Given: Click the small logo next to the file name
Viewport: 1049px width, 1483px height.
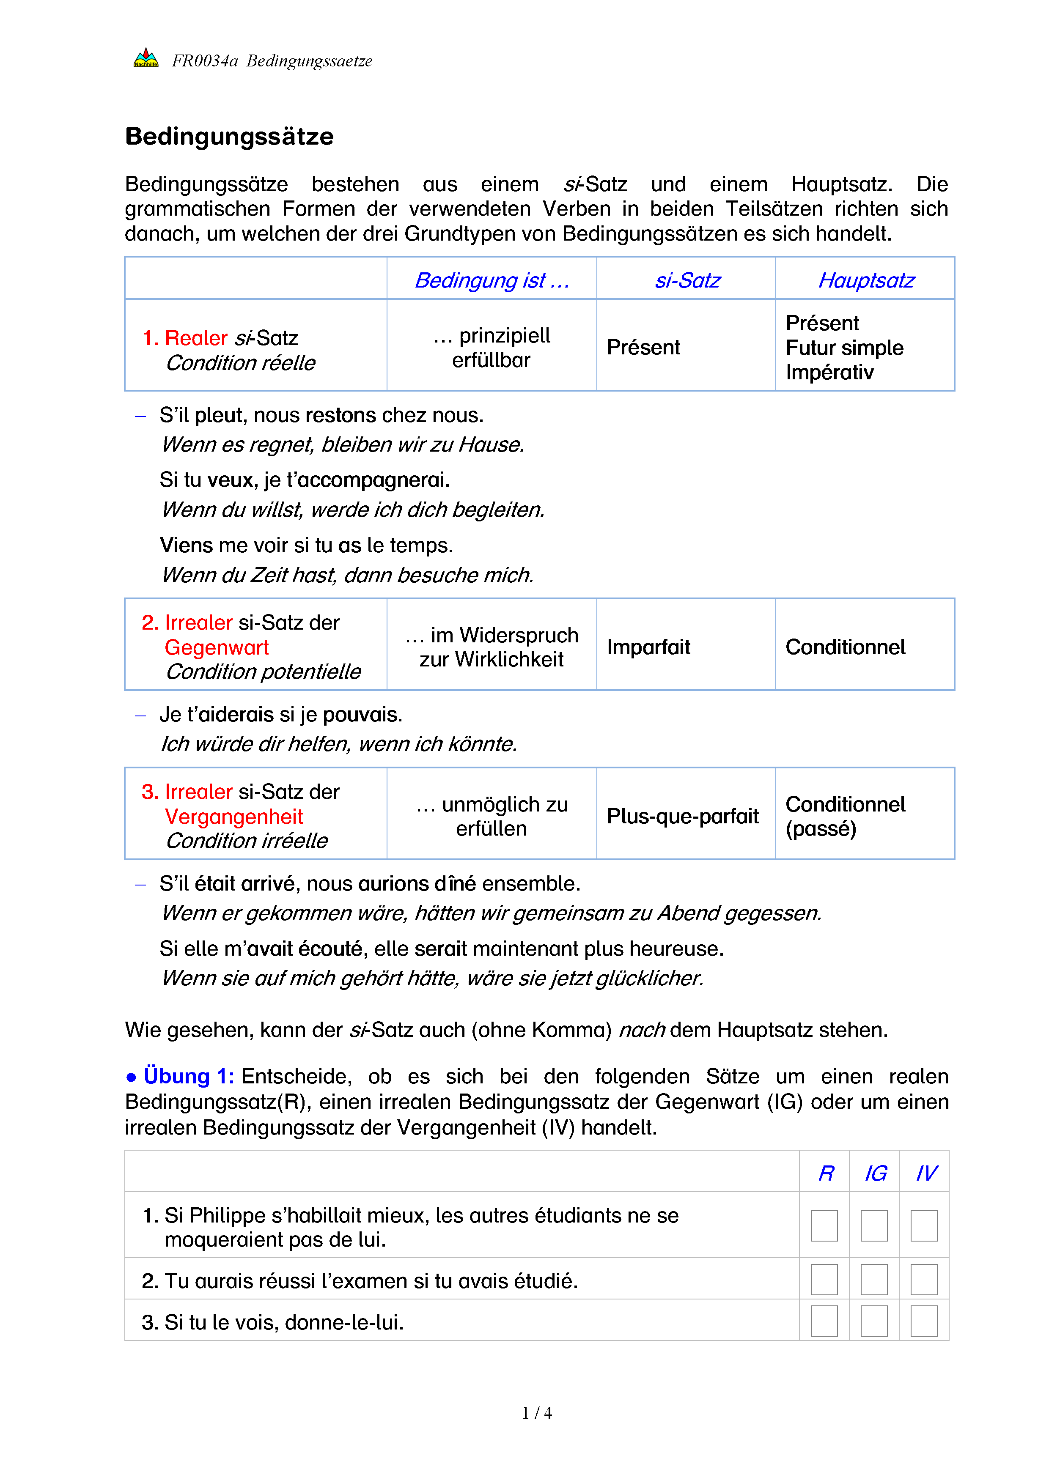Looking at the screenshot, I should (146, 59).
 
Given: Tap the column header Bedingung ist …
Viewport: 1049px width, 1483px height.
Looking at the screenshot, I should (492, 280).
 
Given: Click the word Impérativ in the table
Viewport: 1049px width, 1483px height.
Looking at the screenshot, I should (829, 373).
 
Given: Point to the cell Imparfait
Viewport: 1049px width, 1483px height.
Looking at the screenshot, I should (648, 647).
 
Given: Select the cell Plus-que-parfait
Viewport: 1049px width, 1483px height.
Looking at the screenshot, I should (683, 817).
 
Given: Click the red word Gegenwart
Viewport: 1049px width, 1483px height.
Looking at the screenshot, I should (217, 647).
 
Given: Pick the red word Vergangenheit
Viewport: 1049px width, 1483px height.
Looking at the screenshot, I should (234, 817).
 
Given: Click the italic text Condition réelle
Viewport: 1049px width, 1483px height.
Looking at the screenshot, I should (240, 363).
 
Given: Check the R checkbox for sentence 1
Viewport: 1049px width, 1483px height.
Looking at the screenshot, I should (824, 1226).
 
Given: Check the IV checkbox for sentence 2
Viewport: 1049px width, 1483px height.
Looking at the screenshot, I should (924, 1280).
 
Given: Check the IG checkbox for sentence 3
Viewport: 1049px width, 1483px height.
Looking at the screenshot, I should (874, 1321).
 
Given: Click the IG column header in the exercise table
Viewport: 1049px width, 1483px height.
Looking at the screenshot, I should (875, 1173).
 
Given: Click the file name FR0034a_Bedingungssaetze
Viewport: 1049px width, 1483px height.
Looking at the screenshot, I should (272, 61).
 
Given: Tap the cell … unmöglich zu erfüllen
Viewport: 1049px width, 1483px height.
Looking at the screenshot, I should (492, 817).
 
